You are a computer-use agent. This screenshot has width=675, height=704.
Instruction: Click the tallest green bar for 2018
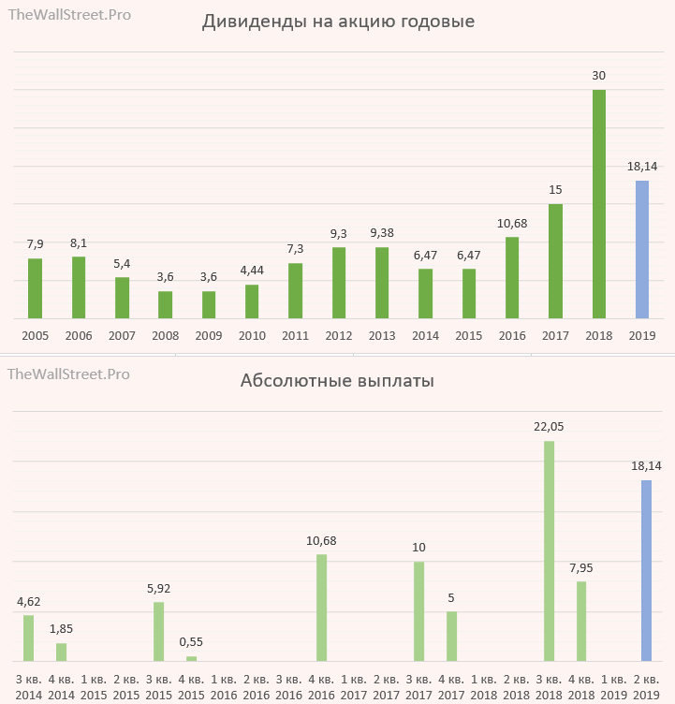(599, 204)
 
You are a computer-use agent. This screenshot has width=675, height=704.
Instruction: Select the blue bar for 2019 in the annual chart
(642, 249)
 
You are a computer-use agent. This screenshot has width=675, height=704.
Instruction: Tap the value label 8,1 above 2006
(79, 243)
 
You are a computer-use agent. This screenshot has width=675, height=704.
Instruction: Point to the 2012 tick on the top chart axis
(339, 335)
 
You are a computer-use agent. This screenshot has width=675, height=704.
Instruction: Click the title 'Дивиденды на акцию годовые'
(338, 22)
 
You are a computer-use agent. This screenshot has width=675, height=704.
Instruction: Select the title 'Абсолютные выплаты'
(337, 381)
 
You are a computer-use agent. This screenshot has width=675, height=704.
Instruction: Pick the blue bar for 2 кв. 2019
(646, 570)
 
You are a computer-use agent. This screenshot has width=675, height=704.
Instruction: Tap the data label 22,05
(549, 426)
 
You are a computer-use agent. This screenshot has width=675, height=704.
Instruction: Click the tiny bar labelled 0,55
(192, 659)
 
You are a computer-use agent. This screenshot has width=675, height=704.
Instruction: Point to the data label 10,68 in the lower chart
(321, 540)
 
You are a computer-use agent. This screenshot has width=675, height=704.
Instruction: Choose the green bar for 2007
(123, 298)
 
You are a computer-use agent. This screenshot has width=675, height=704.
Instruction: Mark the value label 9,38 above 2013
(381, 233)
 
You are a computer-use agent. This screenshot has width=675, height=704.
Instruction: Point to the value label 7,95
(581, 567)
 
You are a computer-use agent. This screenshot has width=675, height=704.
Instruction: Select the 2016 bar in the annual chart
(512, 278)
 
